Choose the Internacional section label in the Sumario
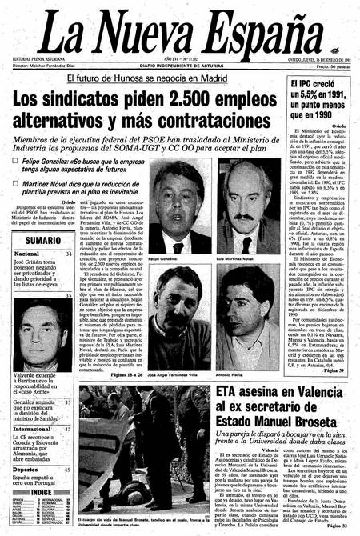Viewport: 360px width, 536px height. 33,429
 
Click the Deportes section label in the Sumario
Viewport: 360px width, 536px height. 27,470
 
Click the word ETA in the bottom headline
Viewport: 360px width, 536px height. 235,393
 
